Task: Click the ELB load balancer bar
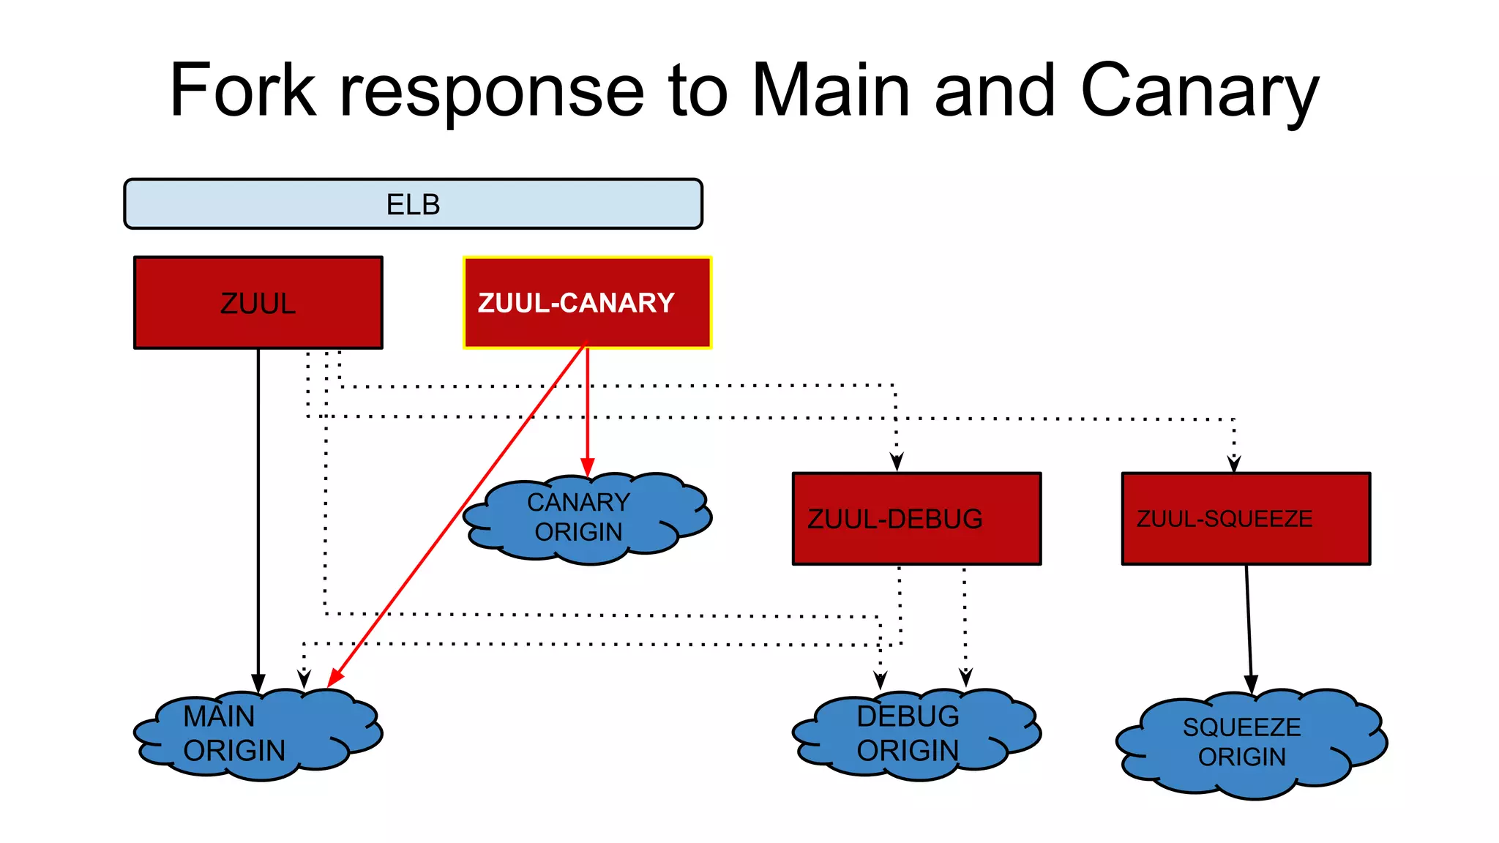[x=413, y=204]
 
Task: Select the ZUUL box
[x=258, y=302]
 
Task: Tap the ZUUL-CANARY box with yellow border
[x=587, y=302]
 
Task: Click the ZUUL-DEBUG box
[x=916, y=518]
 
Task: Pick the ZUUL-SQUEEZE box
[x=1246, y=518]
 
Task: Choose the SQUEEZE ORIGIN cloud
[x=1248, y=743]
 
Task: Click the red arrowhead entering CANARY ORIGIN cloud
[x=587, y=468]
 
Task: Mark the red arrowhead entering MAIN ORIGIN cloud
[x=335, y=678]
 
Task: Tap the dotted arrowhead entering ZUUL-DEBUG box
[x=897, y=462]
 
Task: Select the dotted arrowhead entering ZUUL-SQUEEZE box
[x=1234, y=463]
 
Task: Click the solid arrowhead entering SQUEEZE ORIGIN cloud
[x=1251, y=684]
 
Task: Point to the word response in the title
[x=491, y=91]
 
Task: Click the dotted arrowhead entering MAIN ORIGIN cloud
[x=304, y=679]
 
